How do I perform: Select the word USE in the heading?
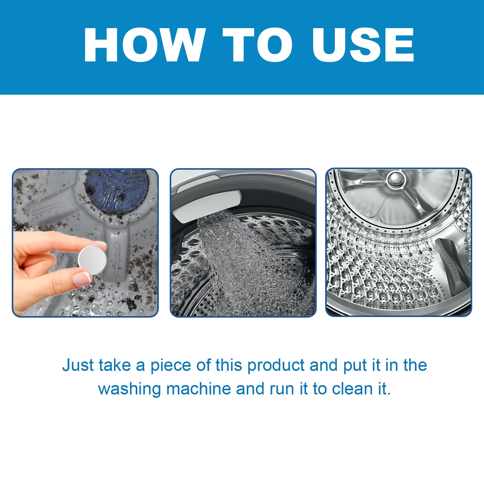pyautogui.click(x=363, y=45)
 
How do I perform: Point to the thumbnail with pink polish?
pyautogui.click(x=82, y=279)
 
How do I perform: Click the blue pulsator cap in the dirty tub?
pyautogui.click(x=116, y=191)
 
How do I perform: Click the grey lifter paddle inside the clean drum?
pyautogui.click(x=452, y=266)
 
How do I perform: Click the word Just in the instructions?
pyautogui.click(x=78, y=365)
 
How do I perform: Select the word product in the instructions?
pyautogui.click(x=276, y=365)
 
